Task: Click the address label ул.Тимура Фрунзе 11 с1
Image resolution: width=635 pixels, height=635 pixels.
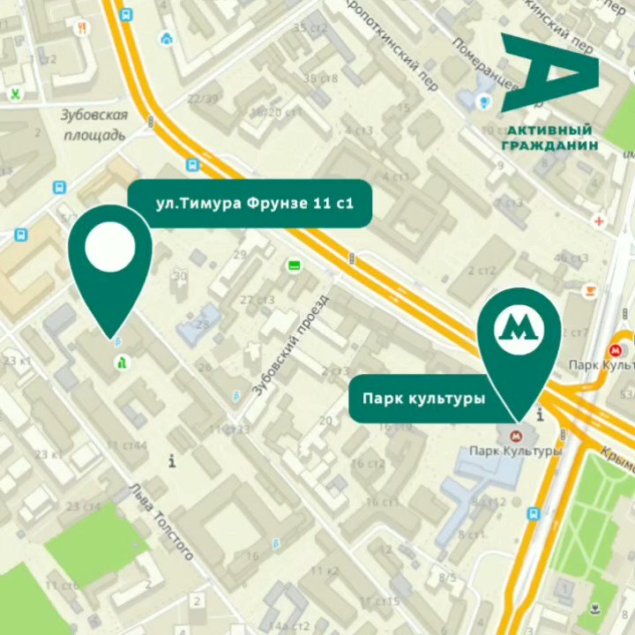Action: pyautogui.click(x=254, y=205)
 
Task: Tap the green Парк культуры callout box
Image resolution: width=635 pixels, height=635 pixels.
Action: pyautogui.click(x=423, y=399)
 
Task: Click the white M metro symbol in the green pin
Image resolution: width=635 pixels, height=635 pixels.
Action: pyautogui.click(x=519, y=326)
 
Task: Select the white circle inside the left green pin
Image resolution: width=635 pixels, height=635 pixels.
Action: pyautogui.click(x=110, y=249)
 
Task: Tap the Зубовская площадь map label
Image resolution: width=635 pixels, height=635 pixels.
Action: pyautogui.click(x=94, y=124)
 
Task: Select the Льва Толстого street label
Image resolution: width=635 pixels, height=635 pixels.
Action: pyautogui.click(x=161, y=521)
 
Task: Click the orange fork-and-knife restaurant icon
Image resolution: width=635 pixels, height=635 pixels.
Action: pyautogui.click(x=83, y=28)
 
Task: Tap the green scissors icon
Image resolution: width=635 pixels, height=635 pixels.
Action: pyautogui.click(x=15, y=93)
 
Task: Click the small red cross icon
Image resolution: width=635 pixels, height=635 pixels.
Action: pyautogui.click(x=600, y=221)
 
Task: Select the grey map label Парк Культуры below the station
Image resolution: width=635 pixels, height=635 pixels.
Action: pyautogui.click(x=515, y=452)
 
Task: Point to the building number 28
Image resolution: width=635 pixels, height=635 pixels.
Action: pyautogui.click(x=203, y=325)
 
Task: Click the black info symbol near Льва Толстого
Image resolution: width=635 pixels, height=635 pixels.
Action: pyautogui.click(x=172, y=460)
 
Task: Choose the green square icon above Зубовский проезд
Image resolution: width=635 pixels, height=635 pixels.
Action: pyautogui.click(x=294, y=265)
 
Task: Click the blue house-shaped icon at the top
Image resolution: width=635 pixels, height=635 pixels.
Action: pyautogui.click(x=167, y=39)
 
